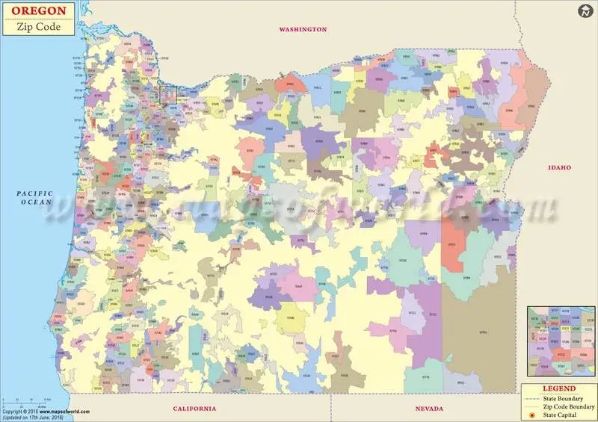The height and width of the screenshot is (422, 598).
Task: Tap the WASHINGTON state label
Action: click(x=303, y=29)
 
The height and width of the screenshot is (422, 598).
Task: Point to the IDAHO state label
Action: click(x=559, y=167)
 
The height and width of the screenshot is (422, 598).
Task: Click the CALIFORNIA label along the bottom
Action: click(x=194, y=409)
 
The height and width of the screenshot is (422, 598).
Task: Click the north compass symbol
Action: click(x=585, y=12)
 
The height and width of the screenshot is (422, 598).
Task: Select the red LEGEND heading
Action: click(x=558, y=388)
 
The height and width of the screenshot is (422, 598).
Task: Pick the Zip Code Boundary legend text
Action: click(x=569, y=406)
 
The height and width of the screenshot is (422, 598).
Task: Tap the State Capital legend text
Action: click(x=564, y=414)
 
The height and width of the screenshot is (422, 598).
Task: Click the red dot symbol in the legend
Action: click(x=531, y=414)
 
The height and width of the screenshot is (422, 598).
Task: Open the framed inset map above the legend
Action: click(x=558, y=341)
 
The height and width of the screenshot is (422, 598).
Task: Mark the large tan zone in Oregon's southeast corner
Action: click(x=478, y=336)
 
